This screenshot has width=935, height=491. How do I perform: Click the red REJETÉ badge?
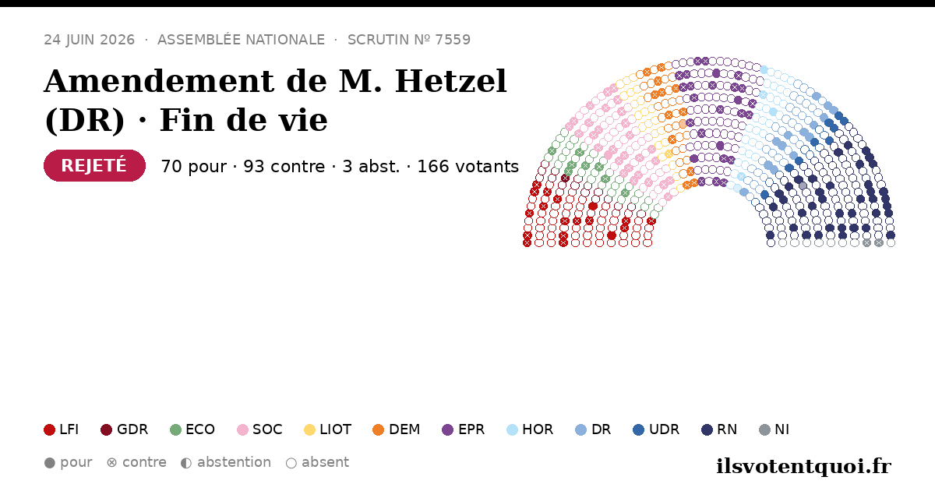pos(94,165)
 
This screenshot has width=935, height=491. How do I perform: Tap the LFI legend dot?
pos(49,429)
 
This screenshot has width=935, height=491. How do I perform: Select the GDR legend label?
pos(132,429)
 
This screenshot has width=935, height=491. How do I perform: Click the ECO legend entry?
pos(192,429)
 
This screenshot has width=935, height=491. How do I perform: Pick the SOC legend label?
pos(267,429)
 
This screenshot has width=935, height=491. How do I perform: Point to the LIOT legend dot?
pos(309,429)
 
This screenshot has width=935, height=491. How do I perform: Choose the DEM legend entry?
pos(396,429)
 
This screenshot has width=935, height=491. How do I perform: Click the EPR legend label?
pos(471,429)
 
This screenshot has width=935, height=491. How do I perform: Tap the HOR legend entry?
pos(530,429)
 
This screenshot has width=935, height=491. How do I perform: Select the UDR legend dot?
pos(638,429)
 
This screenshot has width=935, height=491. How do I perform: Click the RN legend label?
pos(727,429)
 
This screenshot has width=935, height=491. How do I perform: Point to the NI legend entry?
pos(774,429)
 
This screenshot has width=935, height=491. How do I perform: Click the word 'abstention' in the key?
pos(234,462)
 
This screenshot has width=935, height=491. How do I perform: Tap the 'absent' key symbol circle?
pos(291,463)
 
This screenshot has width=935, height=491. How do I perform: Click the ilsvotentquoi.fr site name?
pos(803,467)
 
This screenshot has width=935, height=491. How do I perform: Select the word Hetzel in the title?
pos(450,81)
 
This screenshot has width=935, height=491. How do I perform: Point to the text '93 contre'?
pos(284,166)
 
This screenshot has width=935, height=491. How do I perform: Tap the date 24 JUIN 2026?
pos(90,40)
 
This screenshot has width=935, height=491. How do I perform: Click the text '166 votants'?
pos(468,166)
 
